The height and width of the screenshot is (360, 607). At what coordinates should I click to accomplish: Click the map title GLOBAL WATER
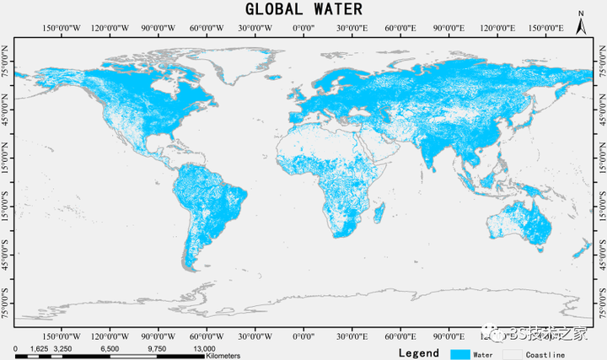tap(303, 9)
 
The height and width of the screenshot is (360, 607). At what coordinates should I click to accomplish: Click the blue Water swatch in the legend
tap(460, 353)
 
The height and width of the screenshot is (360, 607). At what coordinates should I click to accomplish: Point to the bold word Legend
tap(418, 353)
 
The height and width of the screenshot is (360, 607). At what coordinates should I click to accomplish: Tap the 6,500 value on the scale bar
tap(110, 347)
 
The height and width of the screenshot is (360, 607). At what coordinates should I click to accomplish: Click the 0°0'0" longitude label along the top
tap(303, 29)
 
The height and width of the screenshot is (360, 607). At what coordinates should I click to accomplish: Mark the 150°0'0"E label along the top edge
tap(545, 29)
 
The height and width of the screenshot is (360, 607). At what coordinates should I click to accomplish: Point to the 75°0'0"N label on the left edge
tap(8, 67)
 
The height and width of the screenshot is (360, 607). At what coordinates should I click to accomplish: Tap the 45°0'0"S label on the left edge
tap(8, 250)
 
